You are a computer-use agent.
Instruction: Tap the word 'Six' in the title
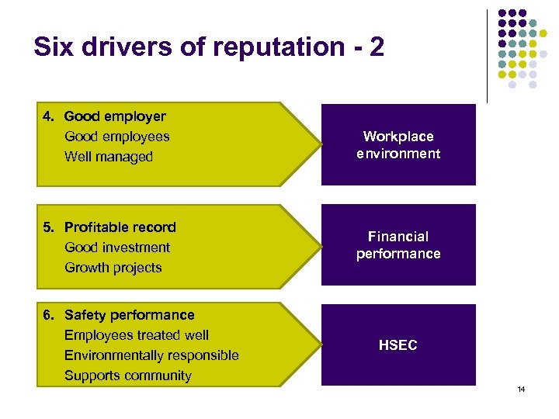pos(54,47)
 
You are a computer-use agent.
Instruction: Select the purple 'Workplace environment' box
pos(398,145)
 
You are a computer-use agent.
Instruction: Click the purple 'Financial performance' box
pos(398,245)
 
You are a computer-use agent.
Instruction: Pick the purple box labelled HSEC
pos(398,345)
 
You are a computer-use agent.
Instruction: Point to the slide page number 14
pos(521,389)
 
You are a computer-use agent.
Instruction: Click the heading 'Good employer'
pos(115,116)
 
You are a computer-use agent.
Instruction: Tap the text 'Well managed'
pos(109,157)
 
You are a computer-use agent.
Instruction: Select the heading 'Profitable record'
pos(120,227)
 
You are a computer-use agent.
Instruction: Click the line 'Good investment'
pos(117,248)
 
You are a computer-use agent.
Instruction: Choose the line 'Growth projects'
pos(113,268)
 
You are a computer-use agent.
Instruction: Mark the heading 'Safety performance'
pos(130,315)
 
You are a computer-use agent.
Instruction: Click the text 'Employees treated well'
pos(137,335)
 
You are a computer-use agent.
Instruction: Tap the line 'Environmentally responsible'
pos(151,355)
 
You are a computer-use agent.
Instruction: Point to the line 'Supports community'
pos(128,376)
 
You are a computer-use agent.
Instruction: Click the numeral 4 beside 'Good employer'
pos(47,116)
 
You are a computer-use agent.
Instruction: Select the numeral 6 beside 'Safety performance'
pos(47,315)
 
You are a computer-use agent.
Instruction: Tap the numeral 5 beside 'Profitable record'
pos(47,227)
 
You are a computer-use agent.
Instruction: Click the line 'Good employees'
pos(117,137)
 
